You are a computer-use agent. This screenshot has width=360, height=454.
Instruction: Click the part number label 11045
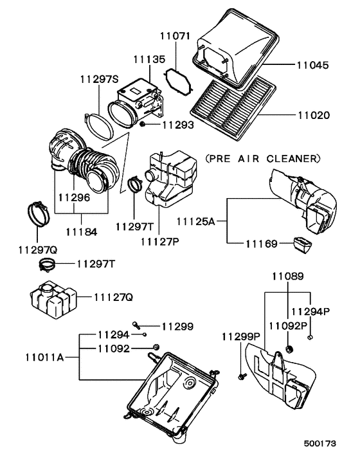click(x=313, y=65)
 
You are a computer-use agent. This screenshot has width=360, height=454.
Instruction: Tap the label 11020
click(x=313, y=116)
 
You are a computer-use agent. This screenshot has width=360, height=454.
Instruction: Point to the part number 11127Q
click(x=113, y=297)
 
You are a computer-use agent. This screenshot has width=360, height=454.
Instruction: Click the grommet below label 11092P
click(x=288, y=350)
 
